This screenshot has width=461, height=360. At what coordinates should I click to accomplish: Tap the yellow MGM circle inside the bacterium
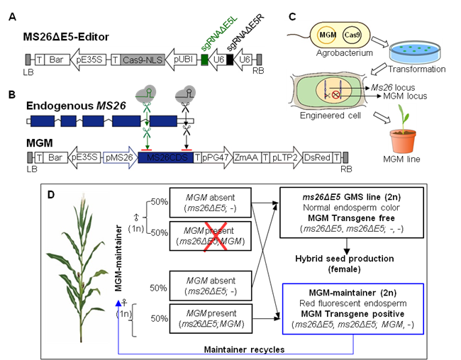pos(326,35)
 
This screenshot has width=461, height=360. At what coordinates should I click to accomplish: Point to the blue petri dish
pos(416,52)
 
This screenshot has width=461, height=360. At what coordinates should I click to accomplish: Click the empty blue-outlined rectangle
pos(353,308)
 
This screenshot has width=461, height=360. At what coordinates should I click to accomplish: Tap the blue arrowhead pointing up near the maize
pos(118,303)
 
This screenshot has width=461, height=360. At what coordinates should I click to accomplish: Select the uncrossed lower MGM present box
pos(211,318)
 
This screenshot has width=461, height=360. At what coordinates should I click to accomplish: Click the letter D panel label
pos(50,195)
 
